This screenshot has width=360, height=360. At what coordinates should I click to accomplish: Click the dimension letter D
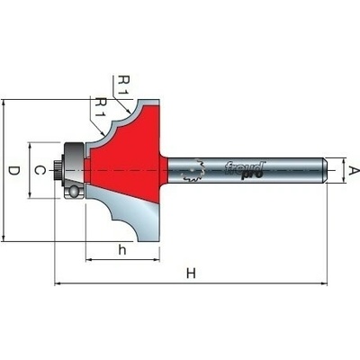pos(13,171)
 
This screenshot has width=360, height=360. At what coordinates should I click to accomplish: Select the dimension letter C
pos(40,170)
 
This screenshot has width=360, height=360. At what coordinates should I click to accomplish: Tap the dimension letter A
pos(354,171)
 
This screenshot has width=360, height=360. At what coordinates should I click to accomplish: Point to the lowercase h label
pos(121,249)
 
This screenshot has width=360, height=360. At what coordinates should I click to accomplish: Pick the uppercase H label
pos(191,274)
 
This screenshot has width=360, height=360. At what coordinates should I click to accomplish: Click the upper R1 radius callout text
pos(124,85)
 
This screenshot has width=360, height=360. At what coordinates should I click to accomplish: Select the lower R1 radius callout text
pos(102,107)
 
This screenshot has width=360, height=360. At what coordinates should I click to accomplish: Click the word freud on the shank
pos(245,167)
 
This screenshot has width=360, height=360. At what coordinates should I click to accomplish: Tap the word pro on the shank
pos(252,175)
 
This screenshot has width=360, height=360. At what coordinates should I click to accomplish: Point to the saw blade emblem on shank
pos(193,170)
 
